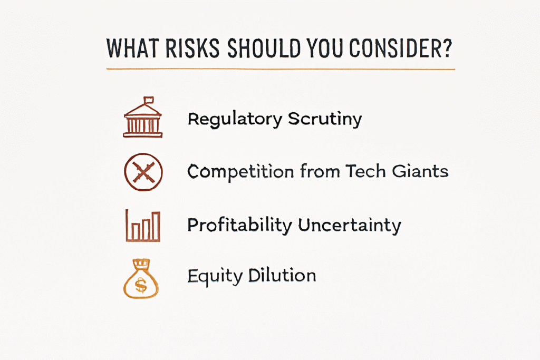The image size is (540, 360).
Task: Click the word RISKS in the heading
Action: tap(192, 48)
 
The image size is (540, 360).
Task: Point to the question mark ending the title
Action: tap(447, 48)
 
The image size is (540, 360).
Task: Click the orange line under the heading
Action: tap(281, 69)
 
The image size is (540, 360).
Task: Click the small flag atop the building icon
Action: tap(148, 100)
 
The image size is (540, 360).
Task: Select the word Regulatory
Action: tap(235, 120)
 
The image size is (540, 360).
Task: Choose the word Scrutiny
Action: tap(325, 120)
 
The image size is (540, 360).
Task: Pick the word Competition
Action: tap(240, 171)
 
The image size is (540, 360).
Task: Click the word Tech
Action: tap(365, 171)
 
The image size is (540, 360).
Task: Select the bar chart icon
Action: tap(143, 226)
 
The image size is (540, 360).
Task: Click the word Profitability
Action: tap(240, 226)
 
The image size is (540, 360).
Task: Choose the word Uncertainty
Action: tap(350, 226)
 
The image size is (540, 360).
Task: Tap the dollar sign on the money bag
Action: tap(141, 285)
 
